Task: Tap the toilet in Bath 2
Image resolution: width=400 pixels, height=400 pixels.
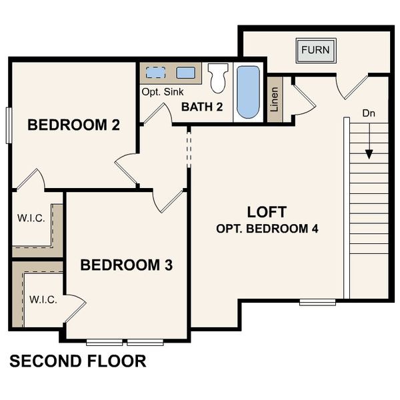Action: pyautogui.click(x=217, y=78)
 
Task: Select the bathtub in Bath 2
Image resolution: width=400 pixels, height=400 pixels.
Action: pyautogui.click(x=248, y=92)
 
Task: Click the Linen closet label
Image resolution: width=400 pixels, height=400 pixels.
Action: pyautogui.click(x=274, y=100)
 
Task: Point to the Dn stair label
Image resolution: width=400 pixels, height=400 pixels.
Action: pyautogui.click(x=369, y=113)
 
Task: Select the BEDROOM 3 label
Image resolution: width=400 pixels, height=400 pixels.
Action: pyautogui.click(x=126, y=265)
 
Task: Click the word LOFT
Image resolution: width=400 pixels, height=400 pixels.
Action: pyautogui.click(x=267, y=212)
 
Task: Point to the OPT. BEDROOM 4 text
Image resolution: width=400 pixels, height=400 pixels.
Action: pyautogui.click(x=267, y=229)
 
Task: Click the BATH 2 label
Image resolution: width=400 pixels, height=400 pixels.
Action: pyautogui.click(x=203, y=106)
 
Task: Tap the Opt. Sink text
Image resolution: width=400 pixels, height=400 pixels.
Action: pyautogui.click(x=162, y=91)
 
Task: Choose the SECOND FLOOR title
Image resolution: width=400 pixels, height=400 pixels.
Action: pyautogui.click(x=78, y=362)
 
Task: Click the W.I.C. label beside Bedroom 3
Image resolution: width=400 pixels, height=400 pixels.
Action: pyautogui.click(x=43, y=299)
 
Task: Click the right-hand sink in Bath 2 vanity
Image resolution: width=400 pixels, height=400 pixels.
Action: pyautogui.click(x=186, y=72)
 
